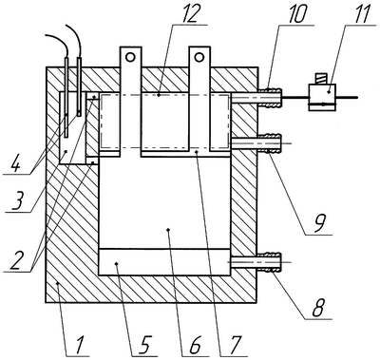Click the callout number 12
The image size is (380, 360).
coord(192,13)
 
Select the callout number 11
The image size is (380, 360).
coord(361,13)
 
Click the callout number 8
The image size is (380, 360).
coord(318,308)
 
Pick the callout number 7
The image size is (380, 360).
coord(236,345)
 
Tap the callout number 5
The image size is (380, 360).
coord(145,345)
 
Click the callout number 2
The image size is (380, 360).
coord(17,260)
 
